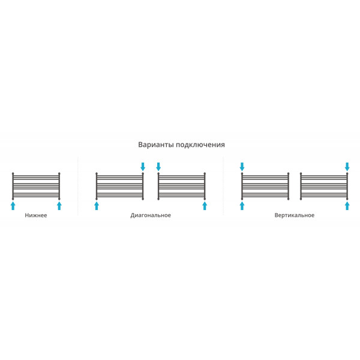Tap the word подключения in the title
click(200, 145)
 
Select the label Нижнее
click(36, 215)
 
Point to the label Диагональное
click(151, 215)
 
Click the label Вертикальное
click(295, 215)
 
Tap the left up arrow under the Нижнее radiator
click(13, 206)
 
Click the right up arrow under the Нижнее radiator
click(59, 206)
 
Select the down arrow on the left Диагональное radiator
click(143, 167)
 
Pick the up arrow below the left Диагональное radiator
click(97, 206)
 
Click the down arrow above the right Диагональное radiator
click(158, 167)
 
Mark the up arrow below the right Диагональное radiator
click(205, 206)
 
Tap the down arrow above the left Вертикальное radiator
click(242, 167)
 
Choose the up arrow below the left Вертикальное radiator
click(242, 206)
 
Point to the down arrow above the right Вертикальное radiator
click(347, 167)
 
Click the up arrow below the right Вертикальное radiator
click(347, 206)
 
